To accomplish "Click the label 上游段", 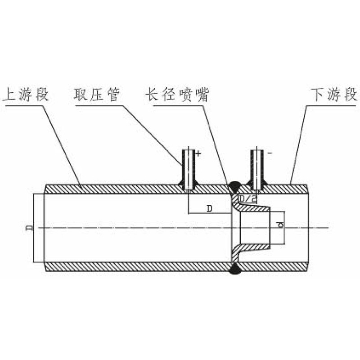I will coord(26,95).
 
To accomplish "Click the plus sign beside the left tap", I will coord(198,153).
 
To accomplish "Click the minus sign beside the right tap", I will coord(270,153).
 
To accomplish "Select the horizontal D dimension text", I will coord(210,208).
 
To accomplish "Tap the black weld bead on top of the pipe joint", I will coord(234,184).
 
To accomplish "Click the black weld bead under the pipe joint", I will coord(234,270).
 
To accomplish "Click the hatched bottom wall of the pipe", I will coord(135,266).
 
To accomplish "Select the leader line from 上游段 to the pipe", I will coord(63,139).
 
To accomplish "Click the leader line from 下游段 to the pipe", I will coord(298,144).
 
